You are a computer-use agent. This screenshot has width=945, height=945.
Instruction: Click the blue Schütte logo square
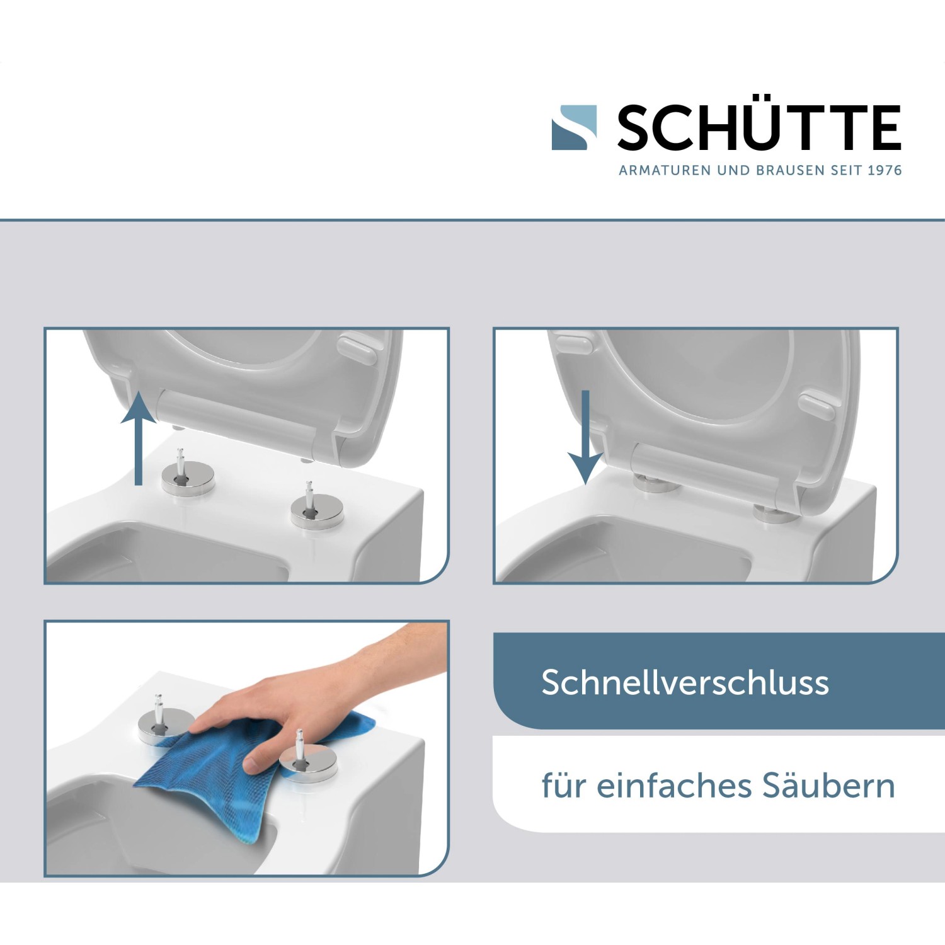point(574,127)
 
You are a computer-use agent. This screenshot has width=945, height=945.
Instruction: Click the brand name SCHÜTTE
point(759,128)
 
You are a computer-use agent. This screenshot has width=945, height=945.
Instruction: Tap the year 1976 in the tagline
point(885,170)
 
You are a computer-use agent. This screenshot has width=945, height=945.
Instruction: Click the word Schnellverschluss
point(685,682)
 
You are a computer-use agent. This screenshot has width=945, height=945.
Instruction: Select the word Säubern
point(828,786)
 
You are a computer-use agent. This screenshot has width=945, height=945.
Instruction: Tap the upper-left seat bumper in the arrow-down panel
point(574,345)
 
